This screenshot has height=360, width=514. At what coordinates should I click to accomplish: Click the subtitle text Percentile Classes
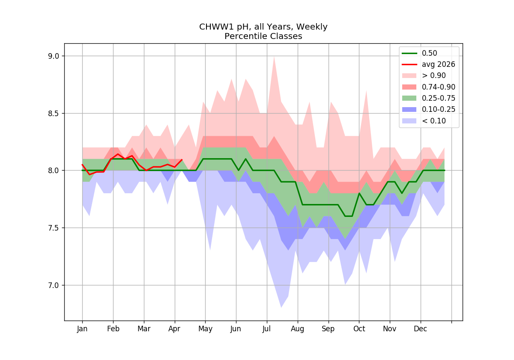coord(263,36)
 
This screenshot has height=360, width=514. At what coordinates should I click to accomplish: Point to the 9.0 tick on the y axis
coord(54,56)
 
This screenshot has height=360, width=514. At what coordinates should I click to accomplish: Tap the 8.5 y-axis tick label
coord(54,114)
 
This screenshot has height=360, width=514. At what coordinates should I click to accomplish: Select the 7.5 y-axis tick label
coord(54,228)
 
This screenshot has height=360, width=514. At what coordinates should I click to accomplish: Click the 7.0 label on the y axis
coord(54,285)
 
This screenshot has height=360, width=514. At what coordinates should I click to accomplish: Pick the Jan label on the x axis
coord(82,329)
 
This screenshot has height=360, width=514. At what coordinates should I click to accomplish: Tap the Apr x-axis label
coord(174,329)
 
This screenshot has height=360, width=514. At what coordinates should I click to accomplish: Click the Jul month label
coord(266,329)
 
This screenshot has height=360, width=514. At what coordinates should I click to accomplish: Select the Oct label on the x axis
coord(359,329)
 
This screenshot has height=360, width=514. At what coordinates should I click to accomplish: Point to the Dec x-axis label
coord(420,329)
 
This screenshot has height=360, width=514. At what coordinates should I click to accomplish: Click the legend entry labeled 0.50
coord(430,53)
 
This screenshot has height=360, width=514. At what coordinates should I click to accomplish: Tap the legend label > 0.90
coord(434,75)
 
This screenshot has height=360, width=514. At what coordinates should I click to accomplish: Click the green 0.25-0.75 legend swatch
coord(409,98)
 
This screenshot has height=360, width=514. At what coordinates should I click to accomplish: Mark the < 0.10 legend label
coord(434,121)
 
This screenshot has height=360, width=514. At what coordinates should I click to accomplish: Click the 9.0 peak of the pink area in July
coord(274,57)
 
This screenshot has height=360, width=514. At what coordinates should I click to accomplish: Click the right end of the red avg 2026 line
coord(182,159)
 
